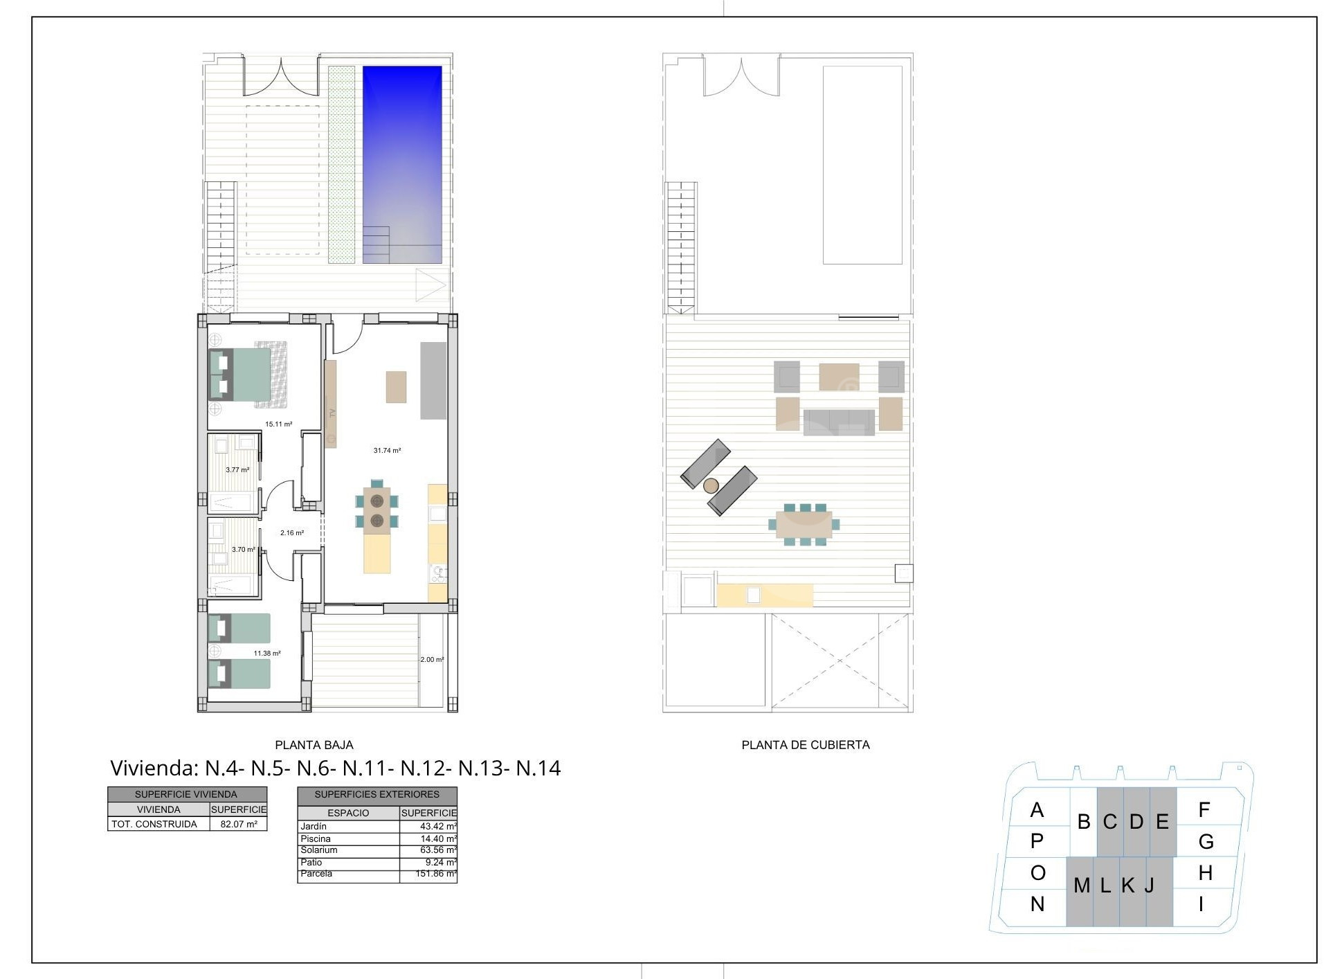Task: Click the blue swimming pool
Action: click(402, 164)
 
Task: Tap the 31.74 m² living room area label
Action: click(388, 451)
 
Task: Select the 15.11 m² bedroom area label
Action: click(279, 424)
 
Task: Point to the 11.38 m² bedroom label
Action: click(267, 654)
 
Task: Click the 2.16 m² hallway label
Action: click(292, 533)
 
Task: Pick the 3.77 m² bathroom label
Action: click(237, 470)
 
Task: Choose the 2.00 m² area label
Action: click(432, 660)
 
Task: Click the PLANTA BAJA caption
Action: click(314, 745)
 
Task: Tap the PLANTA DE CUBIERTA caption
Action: click(806, 745)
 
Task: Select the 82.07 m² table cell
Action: click(237, 824)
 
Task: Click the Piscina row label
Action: click(316, 838)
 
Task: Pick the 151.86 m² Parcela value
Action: click(438, 874)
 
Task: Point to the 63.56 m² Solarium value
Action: click(438, 850)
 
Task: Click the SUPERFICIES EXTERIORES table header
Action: click(377, 795)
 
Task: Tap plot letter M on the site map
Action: click(1082, 886)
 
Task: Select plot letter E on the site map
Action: click(1163, 822)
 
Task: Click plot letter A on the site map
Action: click(1037, 809)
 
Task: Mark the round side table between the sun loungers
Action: click(711, 486)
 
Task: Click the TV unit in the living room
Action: click(331, 404)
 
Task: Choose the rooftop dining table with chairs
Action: click(804, 525)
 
